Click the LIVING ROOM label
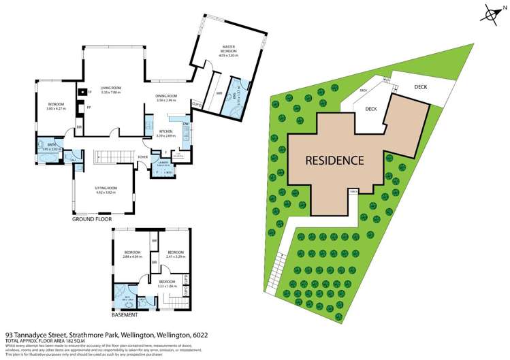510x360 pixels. click(x=111, y=88)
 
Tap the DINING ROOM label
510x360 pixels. click(x=167, y=97)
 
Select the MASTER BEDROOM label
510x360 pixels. click(x=227, y=50)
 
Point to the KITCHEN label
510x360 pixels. click(x=166, y=131)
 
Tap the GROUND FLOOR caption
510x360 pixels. click(x=92, y=220)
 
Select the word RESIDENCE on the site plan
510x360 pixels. click(x=334, y=161)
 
